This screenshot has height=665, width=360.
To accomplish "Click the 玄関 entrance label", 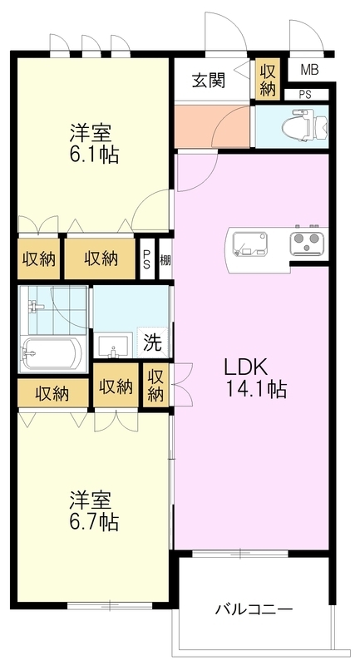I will point(210,81).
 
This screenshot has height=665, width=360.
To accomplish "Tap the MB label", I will point(309,69).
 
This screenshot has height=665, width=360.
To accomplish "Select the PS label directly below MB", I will point(305,94).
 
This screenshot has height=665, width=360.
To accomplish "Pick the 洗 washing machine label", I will point(155,342).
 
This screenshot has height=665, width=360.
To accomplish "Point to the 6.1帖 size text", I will point(92,155).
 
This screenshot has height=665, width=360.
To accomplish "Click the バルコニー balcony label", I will point(254,609).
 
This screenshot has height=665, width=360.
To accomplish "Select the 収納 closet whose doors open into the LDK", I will point(156,387).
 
